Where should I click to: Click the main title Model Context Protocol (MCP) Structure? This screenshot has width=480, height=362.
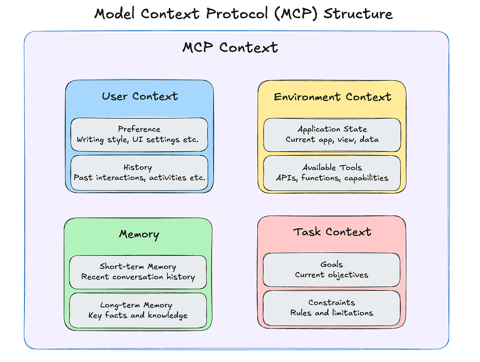coord(243,14)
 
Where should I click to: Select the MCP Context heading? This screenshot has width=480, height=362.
coord(230,48)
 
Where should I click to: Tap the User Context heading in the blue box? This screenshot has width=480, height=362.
coord(140,96)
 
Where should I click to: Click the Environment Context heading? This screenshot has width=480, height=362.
coord(332,97)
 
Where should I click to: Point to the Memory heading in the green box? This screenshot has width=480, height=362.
coord(139,234)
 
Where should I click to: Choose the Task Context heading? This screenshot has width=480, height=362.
coord(332,232)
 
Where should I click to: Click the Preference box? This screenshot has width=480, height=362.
coord(139,134)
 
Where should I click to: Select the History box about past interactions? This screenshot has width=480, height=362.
coord(139,173)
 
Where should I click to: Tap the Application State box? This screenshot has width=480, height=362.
coord(332,134)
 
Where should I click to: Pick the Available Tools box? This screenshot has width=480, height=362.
coord(332,173)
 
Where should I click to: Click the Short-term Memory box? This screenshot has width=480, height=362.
coord(138,272)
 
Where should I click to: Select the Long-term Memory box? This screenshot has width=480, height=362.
coord(138,310)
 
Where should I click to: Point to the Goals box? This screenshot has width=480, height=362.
coord(332,270)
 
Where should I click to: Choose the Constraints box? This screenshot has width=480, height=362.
coord(332,308)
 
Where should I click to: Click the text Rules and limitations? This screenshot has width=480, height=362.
coord(332,313)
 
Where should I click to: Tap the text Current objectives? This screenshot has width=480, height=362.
coord(332,275)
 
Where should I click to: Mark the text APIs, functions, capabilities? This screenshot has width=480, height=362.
coord(332,178)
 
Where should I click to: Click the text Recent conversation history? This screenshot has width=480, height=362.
coord(138,277)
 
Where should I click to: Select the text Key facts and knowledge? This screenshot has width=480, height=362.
coord(138,316)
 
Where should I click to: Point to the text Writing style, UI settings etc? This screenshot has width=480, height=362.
coord(138,140)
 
